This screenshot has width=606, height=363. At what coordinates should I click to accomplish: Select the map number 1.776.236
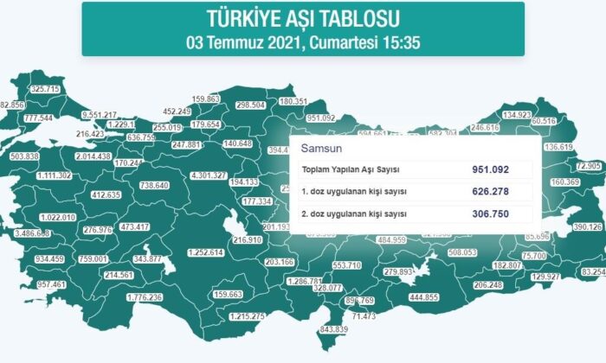click(138, 297)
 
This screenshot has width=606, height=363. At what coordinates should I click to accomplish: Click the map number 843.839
click(333, 329)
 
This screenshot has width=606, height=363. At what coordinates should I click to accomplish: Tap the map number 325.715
click(45, 89)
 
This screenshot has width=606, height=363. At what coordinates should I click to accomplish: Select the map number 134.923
click(517, 115)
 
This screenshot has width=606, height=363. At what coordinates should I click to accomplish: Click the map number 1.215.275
click(247, 316)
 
